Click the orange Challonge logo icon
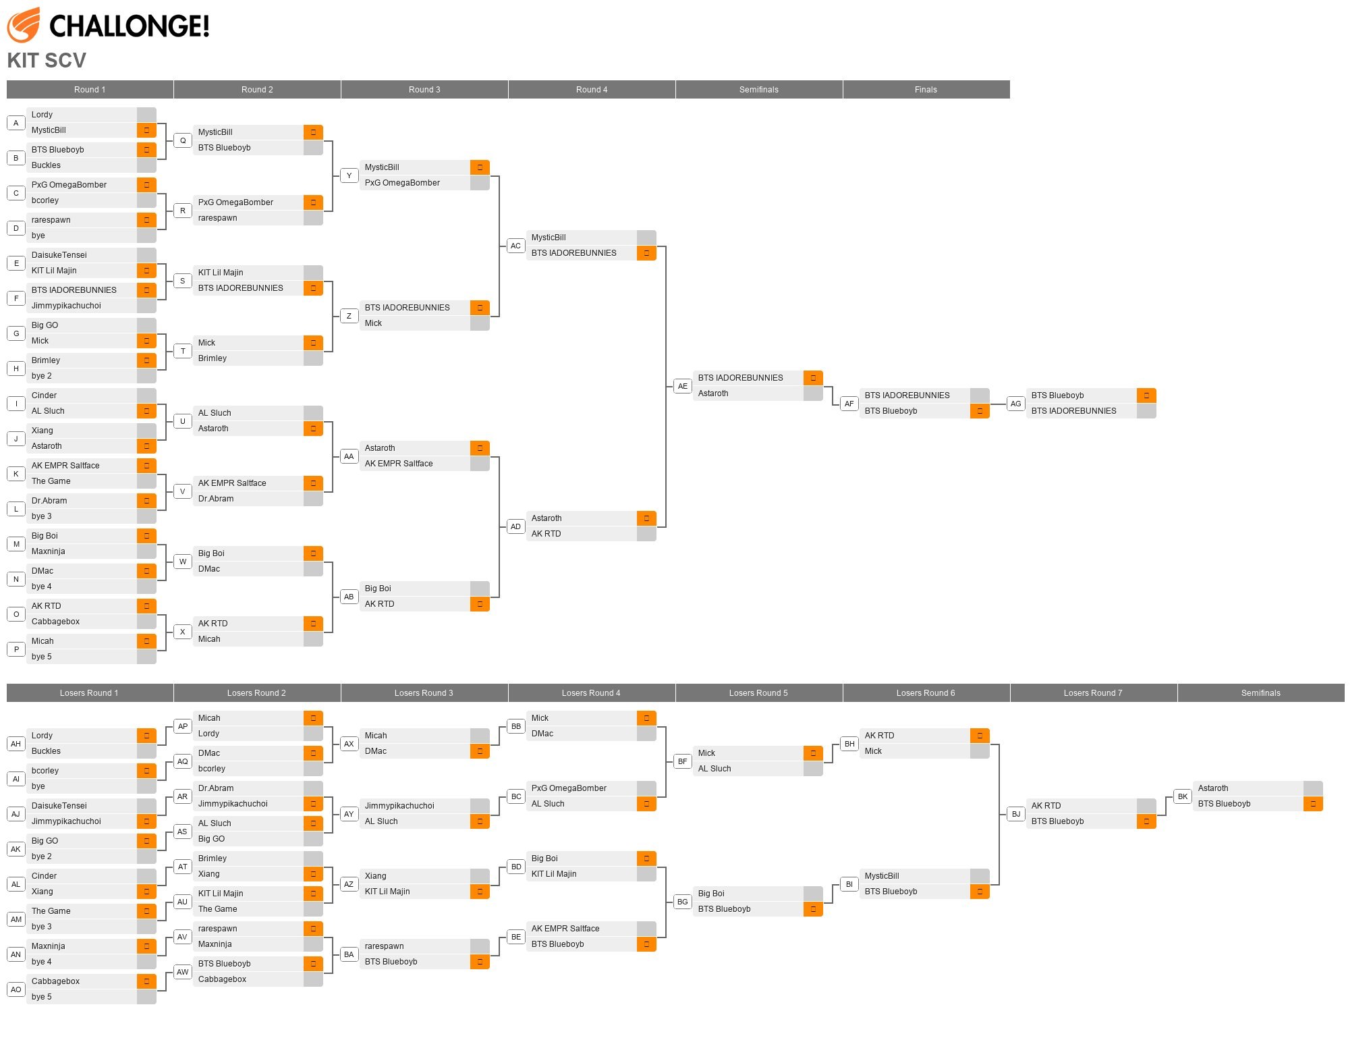(23, 25)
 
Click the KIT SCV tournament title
(47, 61)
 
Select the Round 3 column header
(424, 90)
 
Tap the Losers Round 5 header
(758, 693)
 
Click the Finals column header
(926, 90)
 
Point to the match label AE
(683, 386)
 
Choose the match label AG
(1015, 404)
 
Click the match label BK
(1183, 796)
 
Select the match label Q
(183, 140)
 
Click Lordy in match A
(42, 115)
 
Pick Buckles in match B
(46, 165)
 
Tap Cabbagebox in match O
(55, 622)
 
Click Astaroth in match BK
(1212, 788)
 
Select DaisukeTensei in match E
(59, 255)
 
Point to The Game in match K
(51, 481)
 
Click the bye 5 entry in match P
(42, 657)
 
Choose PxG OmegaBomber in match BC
(569, 788)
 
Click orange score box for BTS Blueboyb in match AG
(1146, 396)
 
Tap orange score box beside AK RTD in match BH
(980, 736)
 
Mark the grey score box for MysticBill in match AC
(646, 238)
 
